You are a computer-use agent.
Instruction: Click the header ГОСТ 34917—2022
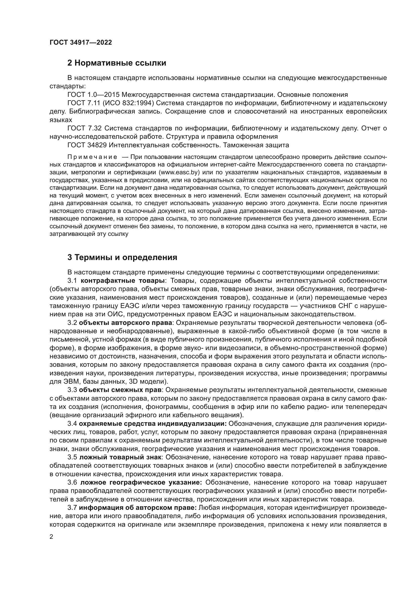click(81, 42)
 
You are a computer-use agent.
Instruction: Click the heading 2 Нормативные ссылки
click(116, 63)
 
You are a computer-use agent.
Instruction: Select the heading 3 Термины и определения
click(122, 257)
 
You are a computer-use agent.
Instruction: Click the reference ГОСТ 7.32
click(84, 128)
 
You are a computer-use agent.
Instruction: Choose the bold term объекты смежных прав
click(120, 390)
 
